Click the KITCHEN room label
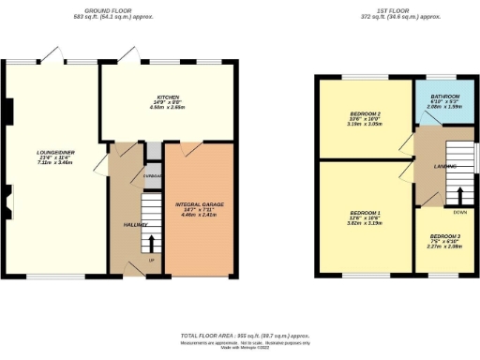pos(168,97)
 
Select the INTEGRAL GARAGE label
pos(199,203)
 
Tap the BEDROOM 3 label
pos(445,236)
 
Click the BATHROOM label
pos(444,97)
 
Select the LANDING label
pos(445,167)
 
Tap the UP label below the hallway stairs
pos(151,260)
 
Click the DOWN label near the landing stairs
pos(459,213)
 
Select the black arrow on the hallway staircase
pos(151,241)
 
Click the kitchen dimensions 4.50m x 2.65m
pos(168,108)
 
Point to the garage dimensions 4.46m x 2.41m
pos(199,215)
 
